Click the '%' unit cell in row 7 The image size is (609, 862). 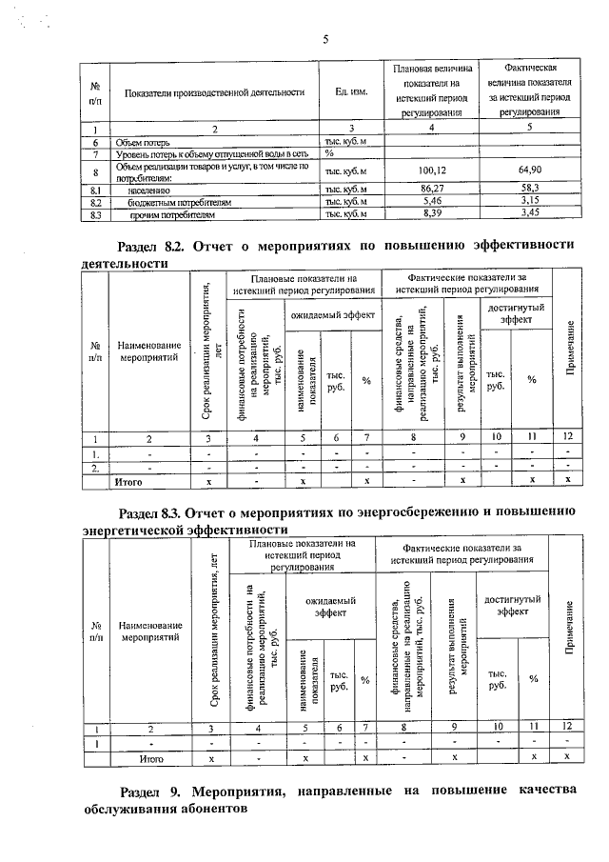329,152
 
